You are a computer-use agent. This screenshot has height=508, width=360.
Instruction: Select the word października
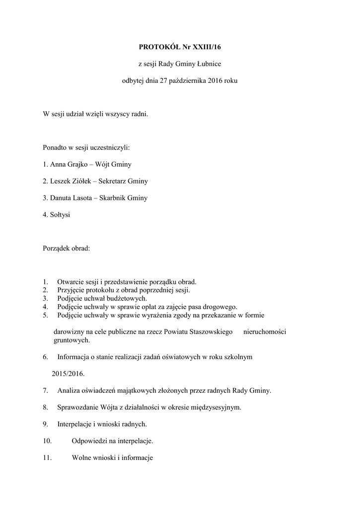(189, 80)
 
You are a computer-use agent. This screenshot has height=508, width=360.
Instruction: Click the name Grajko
(76, 164)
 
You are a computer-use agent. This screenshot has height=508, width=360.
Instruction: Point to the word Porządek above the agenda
(57, 249)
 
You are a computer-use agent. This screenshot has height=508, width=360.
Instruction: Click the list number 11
(48, 457)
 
